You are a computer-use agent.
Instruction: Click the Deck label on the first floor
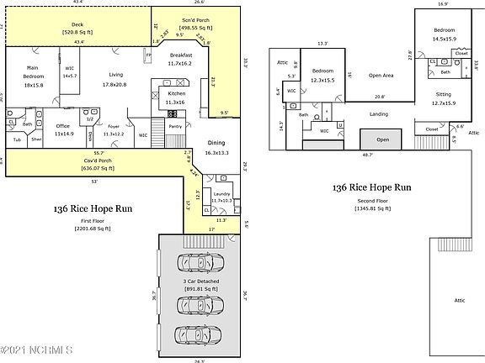77,29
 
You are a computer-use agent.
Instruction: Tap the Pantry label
175,126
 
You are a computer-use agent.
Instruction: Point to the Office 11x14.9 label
63,129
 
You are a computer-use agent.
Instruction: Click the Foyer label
113,129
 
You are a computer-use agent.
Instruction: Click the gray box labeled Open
382,140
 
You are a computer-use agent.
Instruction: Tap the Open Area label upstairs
382,74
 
